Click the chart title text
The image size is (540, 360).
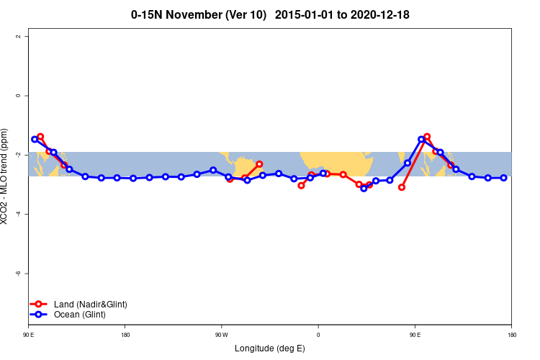point(270,14)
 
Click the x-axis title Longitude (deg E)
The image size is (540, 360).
point(270,348)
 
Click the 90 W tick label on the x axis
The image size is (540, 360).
point(221,335)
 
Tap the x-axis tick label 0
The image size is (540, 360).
point(318,335)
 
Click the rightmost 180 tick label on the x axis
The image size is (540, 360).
point(511,335)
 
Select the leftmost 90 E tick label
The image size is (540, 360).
point(29,335)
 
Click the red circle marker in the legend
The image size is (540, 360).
point(39,305)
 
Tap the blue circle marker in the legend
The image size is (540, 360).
point(39,315)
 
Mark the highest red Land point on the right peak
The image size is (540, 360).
point(427,136)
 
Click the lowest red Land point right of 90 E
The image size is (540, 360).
point(402,187)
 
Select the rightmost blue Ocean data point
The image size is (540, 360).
point(504,178)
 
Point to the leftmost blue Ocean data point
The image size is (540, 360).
point(35,139)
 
